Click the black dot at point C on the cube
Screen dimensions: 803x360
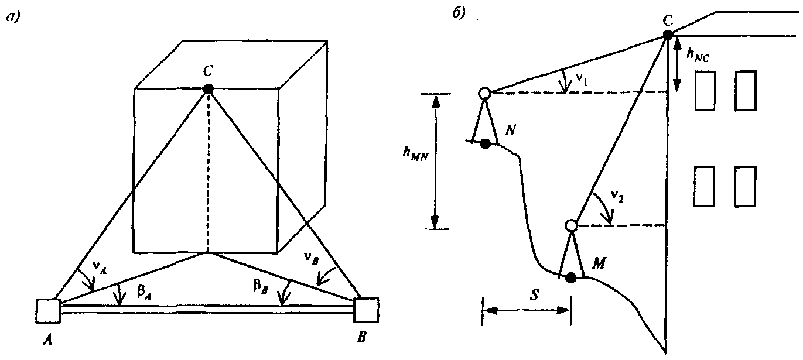208,89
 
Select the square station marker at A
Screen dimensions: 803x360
48,311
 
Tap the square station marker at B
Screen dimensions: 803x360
366,310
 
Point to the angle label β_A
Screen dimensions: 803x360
143,292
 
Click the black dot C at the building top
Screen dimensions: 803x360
668,35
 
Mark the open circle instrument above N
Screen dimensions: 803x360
484,93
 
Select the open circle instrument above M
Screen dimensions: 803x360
570,226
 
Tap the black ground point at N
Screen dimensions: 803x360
486,143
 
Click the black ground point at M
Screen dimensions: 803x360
570,277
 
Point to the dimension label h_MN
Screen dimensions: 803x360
415,154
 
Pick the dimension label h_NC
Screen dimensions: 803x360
698,55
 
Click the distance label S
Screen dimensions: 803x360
534,294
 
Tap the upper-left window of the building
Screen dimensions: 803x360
705,91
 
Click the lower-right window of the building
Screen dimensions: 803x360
746,187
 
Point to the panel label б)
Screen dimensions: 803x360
459,13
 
